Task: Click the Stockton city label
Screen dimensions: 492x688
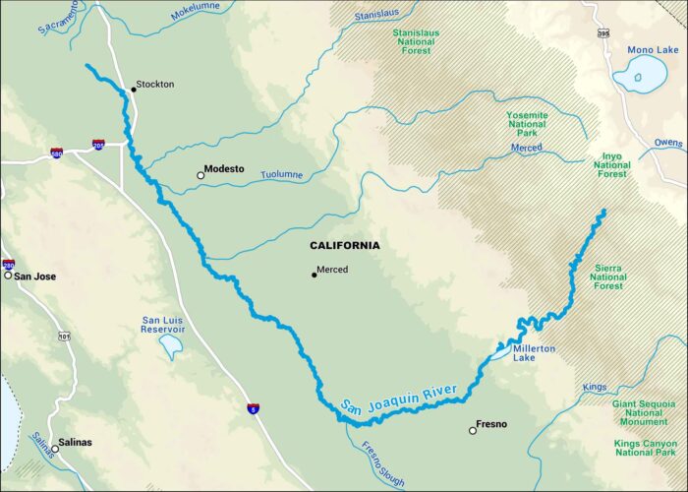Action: point(154,85)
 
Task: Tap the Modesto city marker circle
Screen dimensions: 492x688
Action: point(201,175)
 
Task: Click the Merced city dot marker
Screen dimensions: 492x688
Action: point(315,275)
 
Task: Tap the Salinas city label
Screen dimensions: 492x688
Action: point(75,443)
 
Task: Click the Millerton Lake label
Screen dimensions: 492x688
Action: point(534,354)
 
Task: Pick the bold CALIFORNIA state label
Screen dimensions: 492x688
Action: point(344,245)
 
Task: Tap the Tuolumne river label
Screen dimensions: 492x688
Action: point(281,175)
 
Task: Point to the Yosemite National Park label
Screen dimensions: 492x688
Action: point(527,125)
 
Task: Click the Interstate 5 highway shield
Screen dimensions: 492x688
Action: point(253,406)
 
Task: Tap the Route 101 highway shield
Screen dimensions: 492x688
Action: point(64,337)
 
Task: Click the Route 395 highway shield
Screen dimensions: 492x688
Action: point(603,32)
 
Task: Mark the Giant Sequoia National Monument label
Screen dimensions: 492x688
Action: point(644,412)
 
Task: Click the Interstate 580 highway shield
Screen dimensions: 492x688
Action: point(57,154)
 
